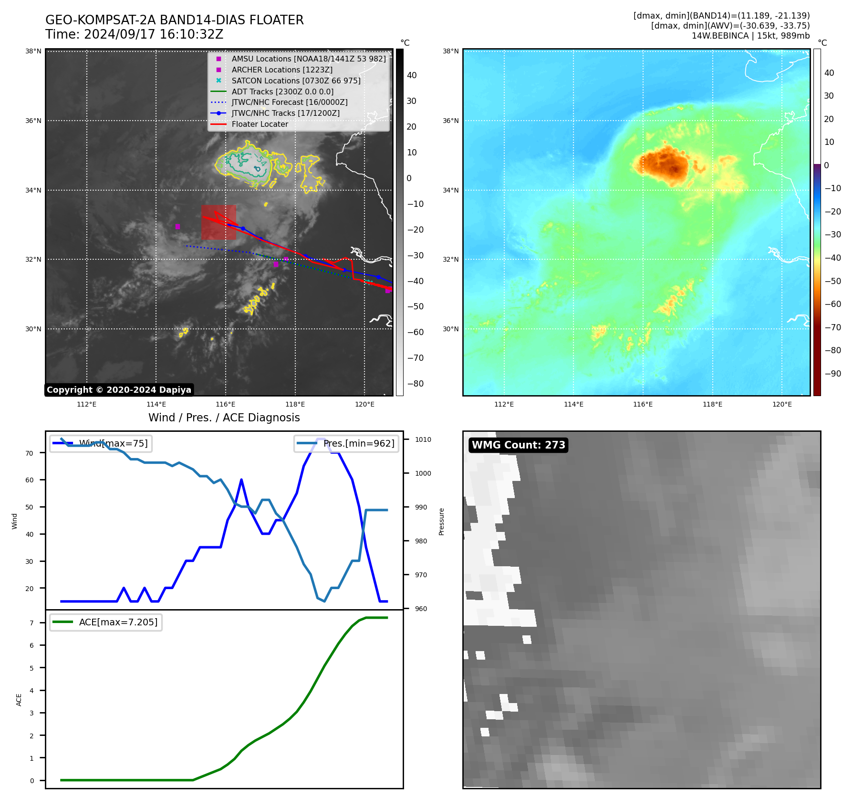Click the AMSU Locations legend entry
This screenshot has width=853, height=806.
click(x=308, y=59)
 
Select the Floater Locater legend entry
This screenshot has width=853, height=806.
click(x=260, y=124)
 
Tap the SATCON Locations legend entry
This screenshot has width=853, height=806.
click(x=296, y=81)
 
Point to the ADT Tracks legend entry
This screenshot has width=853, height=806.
click(x=282, y=92)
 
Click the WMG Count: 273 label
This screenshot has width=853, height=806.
click(x=518, y=445)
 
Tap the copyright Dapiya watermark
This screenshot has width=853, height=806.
click(x=119, y=390)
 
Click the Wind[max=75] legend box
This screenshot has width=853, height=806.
click(x=101, y=444)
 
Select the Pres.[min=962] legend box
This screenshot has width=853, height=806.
click(x=346, y=444)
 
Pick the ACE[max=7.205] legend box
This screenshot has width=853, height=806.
click(x=106, y=622)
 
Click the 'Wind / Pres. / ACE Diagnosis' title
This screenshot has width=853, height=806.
click(x=224, y=418)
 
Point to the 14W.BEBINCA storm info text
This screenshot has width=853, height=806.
click(x=750, y=36)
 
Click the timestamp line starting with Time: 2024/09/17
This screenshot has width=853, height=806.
click(x=135, y=35)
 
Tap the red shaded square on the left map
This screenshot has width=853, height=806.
click(x=218, y=222)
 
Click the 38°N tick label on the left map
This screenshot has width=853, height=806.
click(x=33, y=51)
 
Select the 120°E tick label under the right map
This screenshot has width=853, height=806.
click(x=782, y=405)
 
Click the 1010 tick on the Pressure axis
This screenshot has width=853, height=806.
click(x=423, y=440)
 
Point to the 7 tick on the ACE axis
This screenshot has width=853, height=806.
click(x=32, y=623)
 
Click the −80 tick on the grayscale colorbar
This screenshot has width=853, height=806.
click(x=415, y=384)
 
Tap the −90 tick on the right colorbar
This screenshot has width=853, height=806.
click(x=833, y=374)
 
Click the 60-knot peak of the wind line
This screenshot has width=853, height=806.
click(x=241, y=480)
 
